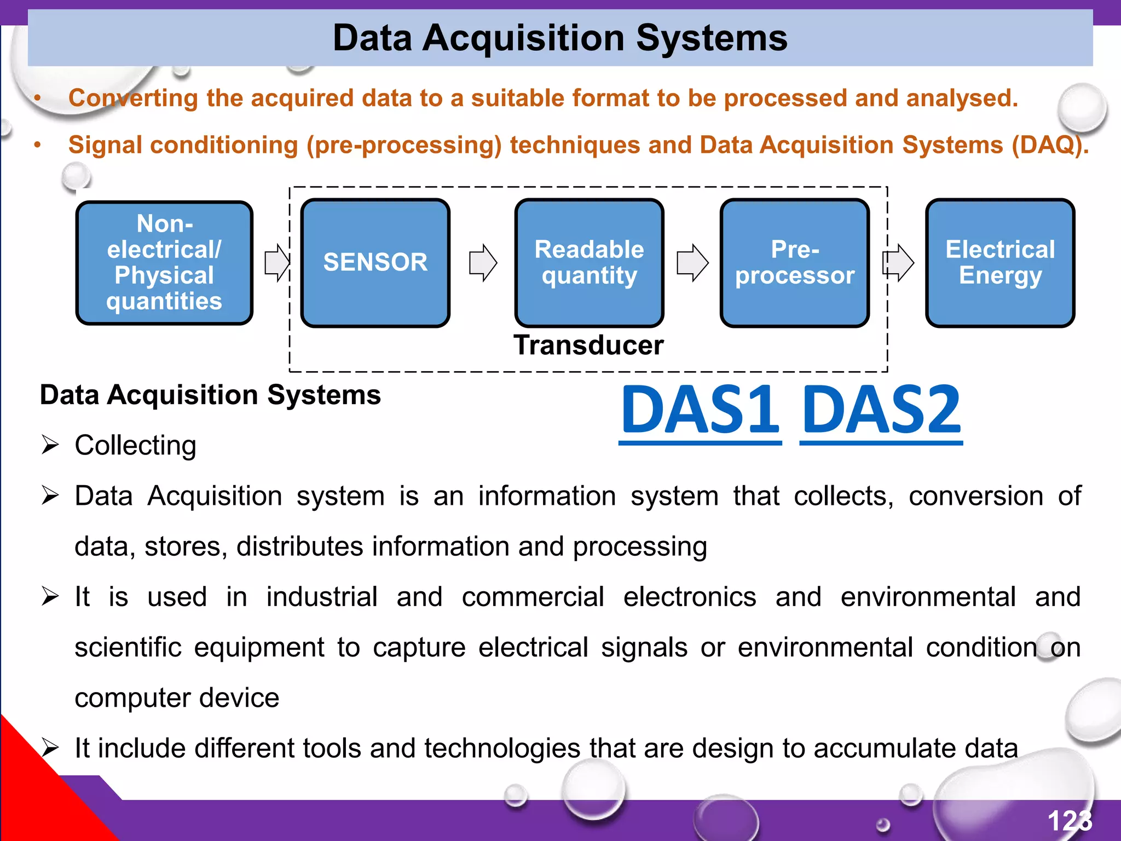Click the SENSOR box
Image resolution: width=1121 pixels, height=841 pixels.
pyautogui.click(x=375, y=263)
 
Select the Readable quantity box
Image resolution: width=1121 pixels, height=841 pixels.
pyautogui.click(x=589, y=263)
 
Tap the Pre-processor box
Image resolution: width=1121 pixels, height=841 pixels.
pyautogui.click(x=795, y=263)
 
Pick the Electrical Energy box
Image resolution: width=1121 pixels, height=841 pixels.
pyautogui.click(x=1000, y=263)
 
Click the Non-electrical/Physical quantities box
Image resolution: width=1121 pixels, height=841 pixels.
pyautogui.click(x=164, y=263)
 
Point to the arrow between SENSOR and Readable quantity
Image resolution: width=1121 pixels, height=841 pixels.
pyautogui.click(x=483, y=263)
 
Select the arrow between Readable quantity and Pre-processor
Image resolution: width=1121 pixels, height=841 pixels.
pyautogui.click(x=692, y=263)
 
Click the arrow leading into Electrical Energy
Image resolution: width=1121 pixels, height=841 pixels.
pyautogui.click(x=898, y=263)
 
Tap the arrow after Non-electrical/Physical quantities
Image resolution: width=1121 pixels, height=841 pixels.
pyautogui.click(x=276, y=263)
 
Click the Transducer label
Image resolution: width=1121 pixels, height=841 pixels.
pyautogui.click(x=588, y=345)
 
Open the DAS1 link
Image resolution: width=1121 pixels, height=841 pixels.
pyautogui.click(x=700, y=411)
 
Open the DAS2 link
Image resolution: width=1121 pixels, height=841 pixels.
pyautogui.click(x=881, y=411)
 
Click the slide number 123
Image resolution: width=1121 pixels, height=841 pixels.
pyautogui.click(x=1070, y=821)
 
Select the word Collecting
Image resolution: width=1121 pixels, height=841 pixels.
pyautogui.click(x=135, y=445)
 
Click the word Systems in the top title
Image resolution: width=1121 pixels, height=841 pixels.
pyautogui.click(x=712, y=38)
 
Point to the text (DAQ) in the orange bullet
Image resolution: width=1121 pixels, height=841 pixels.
pyautogui.click(x=1048, y=145)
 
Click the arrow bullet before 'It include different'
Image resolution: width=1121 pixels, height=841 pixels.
pyautogui.click(x=50, y=747)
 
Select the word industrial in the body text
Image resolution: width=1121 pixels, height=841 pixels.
pyautogui.click(x=322, y=597)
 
